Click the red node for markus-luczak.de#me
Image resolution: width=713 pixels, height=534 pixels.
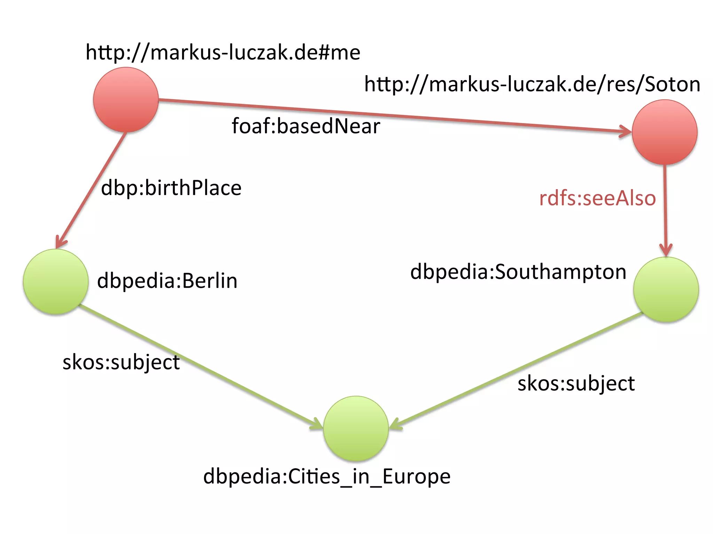[x=126, y=100]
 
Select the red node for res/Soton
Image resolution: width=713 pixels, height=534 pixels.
[x=664, y=132]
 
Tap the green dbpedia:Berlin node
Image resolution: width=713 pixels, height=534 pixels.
[x=56, y=282]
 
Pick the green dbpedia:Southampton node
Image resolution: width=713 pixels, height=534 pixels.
[x=666, y=290]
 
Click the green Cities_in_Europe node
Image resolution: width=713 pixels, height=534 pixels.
[x=356, y=428]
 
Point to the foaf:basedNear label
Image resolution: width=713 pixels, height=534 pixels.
[x=306, y=126]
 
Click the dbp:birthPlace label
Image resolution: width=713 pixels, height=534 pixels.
[x=171, y=188]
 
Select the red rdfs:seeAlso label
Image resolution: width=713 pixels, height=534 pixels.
[x=597, y=198]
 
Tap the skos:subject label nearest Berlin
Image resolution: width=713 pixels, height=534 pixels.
[x=121, y=362]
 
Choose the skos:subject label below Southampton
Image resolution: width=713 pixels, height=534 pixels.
[x=576, y=384]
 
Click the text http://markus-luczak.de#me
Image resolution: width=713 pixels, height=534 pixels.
[x=223, y=52]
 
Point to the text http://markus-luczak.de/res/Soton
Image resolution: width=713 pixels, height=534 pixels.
[x=532, y=84]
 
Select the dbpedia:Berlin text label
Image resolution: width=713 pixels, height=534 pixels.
[x=167, y=281]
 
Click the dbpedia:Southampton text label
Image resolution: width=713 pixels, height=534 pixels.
[x=518, y=272]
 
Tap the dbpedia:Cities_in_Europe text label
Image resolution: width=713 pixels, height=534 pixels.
[x=327, y=476]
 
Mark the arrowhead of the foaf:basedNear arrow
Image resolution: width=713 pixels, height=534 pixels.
[x=627, y=131]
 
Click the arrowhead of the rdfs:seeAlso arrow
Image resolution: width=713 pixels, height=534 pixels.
[x=666, y=251]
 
